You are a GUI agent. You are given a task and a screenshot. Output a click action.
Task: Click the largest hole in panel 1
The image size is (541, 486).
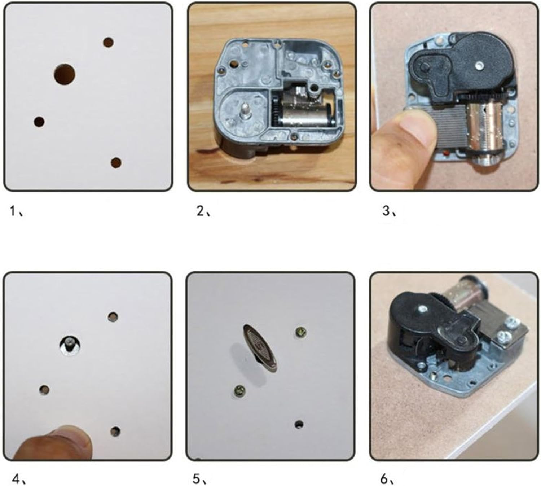coord(64,75)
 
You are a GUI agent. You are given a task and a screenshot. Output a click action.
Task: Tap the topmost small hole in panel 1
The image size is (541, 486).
coord(108,42)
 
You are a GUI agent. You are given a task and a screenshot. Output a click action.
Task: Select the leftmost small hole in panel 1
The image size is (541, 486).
coord(39,122)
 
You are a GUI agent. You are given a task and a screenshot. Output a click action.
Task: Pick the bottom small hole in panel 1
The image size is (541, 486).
coord(116,163)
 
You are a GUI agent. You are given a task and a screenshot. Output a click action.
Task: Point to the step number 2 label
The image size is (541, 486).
coord(203,211)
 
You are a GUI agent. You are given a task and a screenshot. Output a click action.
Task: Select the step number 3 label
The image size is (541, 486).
coord(389,211)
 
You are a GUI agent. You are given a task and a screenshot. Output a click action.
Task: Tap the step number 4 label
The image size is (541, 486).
coord(19,480)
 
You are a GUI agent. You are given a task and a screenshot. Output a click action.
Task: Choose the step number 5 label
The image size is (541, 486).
coord(199,480)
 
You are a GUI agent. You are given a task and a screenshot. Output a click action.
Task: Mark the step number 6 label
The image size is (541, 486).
coord(387,480)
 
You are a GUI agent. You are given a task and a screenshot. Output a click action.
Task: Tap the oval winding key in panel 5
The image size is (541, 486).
coord(260,348)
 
